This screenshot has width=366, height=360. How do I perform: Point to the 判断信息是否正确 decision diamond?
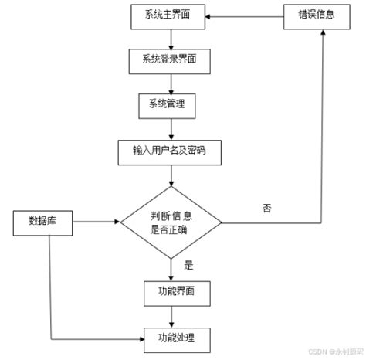click(171, 222)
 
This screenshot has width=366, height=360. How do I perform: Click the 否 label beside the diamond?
click(267, 209)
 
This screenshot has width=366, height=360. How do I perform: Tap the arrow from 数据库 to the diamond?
click(97, 222)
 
